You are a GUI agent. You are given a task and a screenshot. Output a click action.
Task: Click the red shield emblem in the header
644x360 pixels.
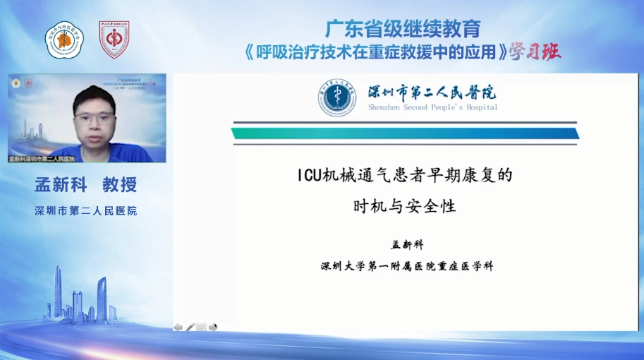click(114, 40)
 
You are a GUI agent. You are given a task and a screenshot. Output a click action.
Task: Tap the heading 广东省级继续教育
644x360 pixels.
click(403, 29)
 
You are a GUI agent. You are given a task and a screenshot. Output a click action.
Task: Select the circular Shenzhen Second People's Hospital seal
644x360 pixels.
click(337, 97)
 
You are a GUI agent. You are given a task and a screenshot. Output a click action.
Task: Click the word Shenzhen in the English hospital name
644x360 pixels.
click(387, 107)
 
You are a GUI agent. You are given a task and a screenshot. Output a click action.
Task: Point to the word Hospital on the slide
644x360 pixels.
click(481, 107)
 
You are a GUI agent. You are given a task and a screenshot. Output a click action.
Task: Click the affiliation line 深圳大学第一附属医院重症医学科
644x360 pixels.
click(407, 266)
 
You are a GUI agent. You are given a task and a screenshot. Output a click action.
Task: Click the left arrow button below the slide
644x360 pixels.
click(178, 327)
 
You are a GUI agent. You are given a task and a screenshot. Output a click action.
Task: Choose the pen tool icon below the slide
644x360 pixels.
click(190, 327)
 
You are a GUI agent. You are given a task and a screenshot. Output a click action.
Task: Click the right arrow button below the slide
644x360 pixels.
click(213, 327)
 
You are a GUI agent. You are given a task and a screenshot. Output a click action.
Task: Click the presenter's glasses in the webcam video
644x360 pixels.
click(94, 118)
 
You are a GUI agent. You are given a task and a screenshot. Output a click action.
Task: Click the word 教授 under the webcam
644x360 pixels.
click(119, 185)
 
